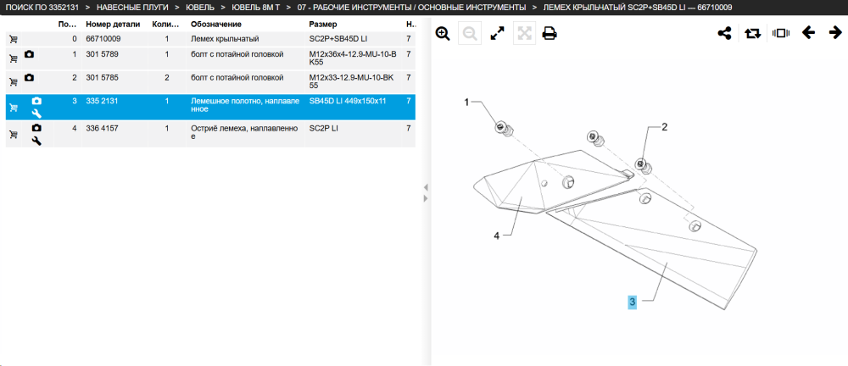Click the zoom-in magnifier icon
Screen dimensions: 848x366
click(x=443, y=34)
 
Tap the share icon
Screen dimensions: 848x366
click(x=724, y=34)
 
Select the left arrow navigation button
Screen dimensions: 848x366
click(x=808, y=34)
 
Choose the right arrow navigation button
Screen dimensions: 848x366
click(x=835, y=34)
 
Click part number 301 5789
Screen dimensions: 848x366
click(x=102, y=54)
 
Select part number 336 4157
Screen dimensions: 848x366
click(x=102, y=128)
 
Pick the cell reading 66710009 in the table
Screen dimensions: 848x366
click(x=103, y=39)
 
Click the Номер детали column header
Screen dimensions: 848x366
click(x=113, y=25)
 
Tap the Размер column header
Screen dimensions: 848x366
click(x=323, y=25)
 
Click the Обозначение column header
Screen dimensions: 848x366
click(x=215, y=25)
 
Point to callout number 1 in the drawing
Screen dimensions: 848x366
click(x=466, y=103)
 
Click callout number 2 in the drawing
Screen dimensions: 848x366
click(x=665, y=128)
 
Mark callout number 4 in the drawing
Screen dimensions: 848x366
click(x=496, y=236)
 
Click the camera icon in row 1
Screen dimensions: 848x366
click(x=29, y=54)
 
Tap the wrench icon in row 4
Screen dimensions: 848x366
click(x=36, y=141)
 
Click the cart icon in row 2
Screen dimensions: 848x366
click(x=14, y=82)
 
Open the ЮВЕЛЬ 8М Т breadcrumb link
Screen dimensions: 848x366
click(x=255, y=8)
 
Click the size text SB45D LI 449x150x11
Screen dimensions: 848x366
click(x=348, y=101)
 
